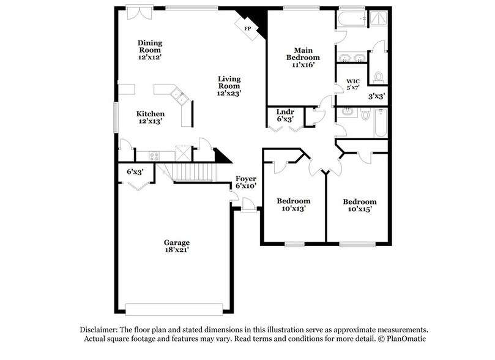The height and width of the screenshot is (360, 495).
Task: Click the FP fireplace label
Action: pos(247,29)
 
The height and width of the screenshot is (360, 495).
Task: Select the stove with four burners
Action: pos(154,156)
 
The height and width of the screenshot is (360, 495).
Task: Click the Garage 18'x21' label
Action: pos(176,247)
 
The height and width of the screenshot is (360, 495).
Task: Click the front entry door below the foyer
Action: pos(247,208)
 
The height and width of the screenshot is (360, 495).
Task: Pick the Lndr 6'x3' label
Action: pos(285,116)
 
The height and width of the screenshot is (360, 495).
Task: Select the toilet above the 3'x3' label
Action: pos(378,77)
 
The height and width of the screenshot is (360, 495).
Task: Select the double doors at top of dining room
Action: pos(136,13)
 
